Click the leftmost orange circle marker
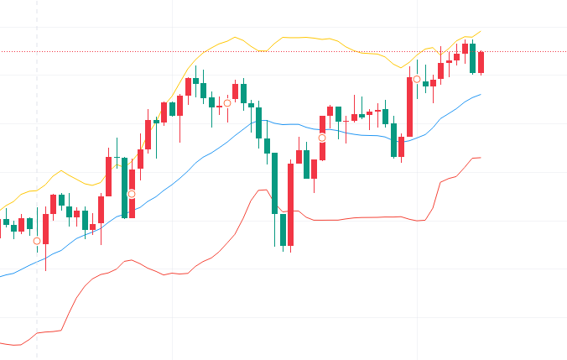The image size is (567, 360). click(x=37, y=241)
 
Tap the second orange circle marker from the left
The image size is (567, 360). click(x=132, y=194)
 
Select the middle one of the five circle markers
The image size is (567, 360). click(x=226, y=103)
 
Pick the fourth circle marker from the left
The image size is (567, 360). click(x=321, y=138)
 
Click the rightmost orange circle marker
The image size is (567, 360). click(x=417, y=79)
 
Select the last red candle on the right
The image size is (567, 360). click(x=481, y=62)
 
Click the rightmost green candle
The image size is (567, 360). click(x=473, y=58)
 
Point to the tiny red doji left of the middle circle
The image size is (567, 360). click(x=220, y=107)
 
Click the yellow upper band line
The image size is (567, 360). click(x=302, y=37)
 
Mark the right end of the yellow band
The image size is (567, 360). click(x=480, y=32)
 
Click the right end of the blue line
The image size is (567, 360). click(x=481, y=95)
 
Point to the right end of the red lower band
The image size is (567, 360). click(x=480, y=158)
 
